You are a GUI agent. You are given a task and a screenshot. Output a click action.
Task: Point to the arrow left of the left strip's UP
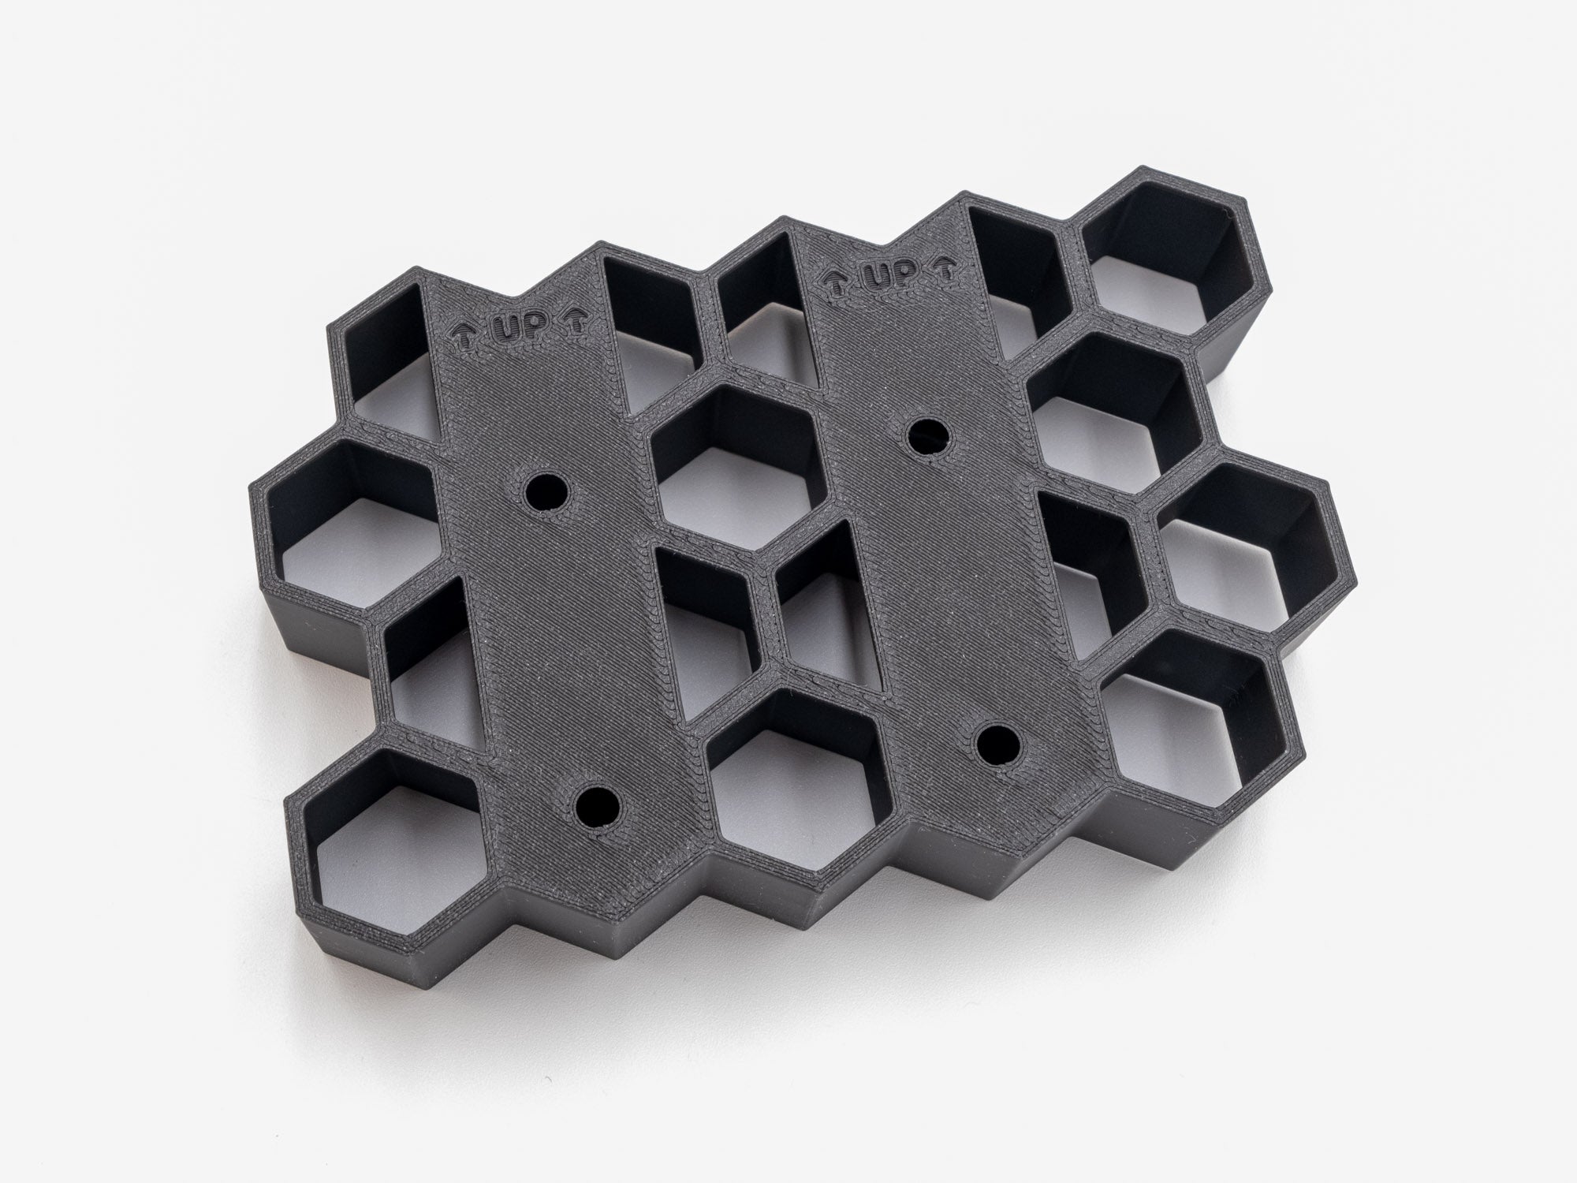[465, 334]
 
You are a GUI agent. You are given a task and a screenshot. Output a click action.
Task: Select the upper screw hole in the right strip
[928, 434]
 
